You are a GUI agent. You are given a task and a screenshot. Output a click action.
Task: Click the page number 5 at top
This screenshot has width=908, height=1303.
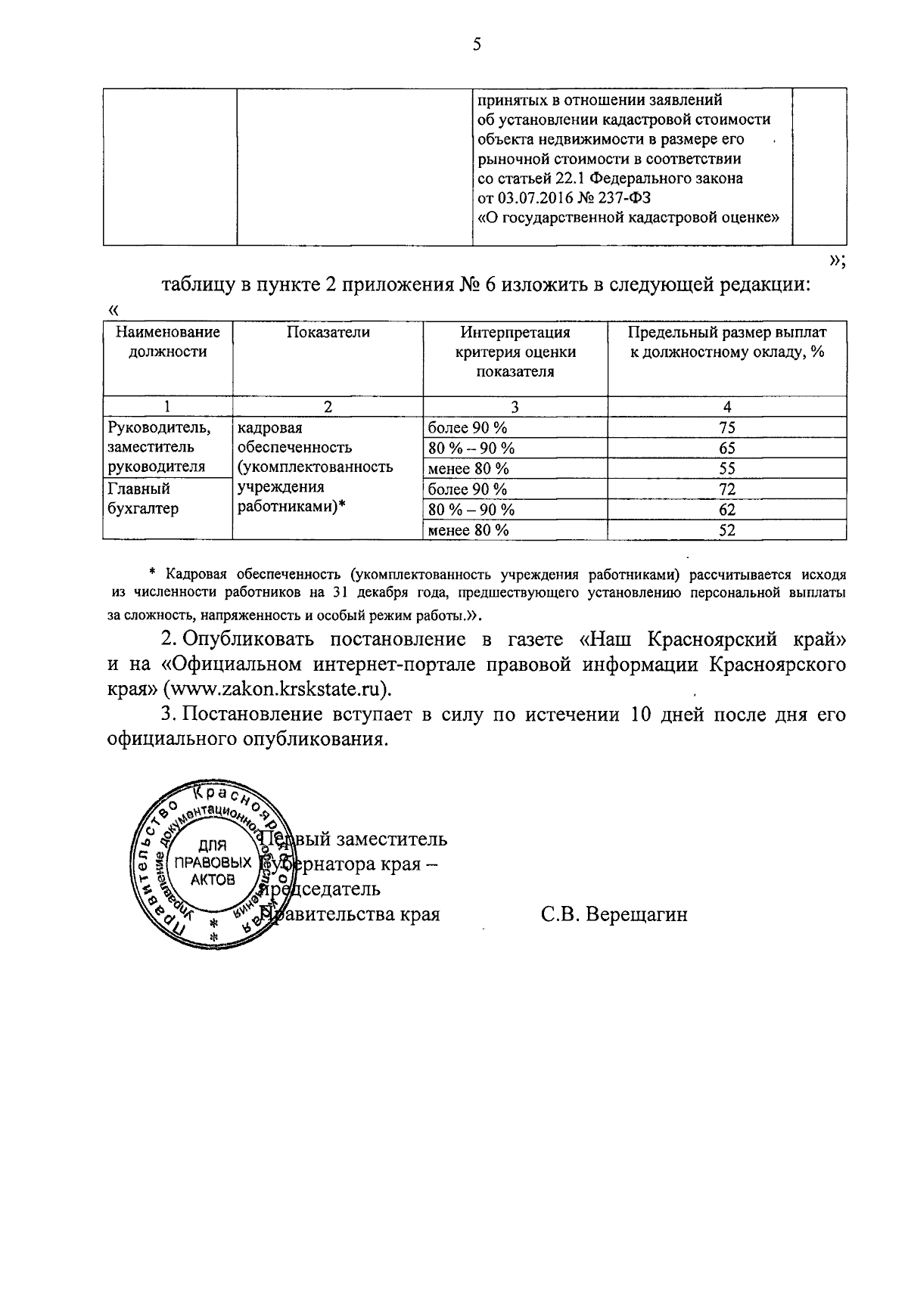point(477,45)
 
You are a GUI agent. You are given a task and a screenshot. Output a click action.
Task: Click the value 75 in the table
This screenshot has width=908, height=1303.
point(727,428)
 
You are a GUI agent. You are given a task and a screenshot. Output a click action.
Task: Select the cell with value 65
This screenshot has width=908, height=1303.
point(727,448)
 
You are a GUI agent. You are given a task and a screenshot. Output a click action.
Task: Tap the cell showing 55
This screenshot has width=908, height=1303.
point(727,469)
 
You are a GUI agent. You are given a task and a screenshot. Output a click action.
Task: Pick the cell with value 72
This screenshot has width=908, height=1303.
point(727,489)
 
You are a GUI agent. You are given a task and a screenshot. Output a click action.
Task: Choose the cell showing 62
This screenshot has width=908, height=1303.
point(727,510)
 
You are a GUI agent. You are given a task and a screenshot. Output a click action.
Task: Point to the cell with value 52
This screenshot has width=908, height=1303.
point(727,530)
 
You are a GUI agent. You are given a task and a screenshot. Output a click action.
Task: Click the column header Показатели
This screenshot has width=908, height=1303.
point(328,333)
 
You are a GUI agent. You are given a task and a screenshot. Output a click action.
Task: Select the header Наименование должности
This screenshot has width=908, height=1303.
point(167,342)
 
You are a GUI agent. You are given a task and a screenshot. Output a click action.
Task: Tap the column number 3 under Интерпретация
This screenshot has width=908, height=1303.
point(515,407)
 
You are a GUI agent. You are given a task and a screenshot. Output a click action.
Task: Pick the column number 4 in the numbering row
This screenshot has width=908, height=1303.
point(727,407)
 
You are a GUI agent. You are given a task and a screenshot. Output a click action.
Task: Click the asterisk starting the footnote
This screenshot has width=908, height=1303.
point(153,573)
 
